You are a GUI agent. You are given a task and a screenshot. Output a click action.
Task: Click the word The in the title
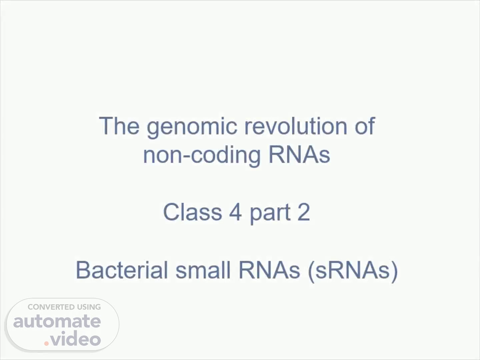pyautogui.click(x=119, y=126)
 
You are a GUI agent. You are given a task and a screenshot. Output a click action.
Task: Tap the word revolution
pyautogui.click(x=296, y=126)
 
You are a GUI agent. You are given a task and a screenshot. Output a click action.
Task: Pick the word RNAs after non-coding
pyautogui.click(x=299, y=154)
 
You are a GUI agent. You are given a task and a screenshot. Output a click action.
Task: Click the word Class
pyautogui.click(x=192, y=212)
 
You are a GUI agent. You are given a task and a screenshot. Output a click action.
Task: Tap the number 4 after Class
pyautogui.click(x=235, y=212)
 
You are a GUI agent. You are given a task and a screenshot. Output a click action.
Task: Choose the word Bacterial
pyautogui.click(x=122, y=270)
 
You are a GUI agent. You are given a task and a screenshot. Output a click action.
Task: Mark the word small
pyautogui.click(x=203, y=270)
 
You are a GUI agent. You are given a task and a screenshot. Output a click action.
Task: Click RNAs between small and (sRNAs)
pyautogui.click(x=269, y=270)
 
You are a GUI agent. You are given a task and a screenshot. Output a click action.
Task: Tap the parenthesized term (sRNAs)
pyautogui.click(x=353, y=271)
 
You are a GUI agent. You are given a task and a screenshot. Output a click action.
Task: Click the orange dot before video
pyautogui.click(x=46, y=343)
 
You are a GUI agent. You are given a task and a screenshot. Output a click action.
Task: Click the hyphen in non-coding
pyautogui.click(x=187, y=156)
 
